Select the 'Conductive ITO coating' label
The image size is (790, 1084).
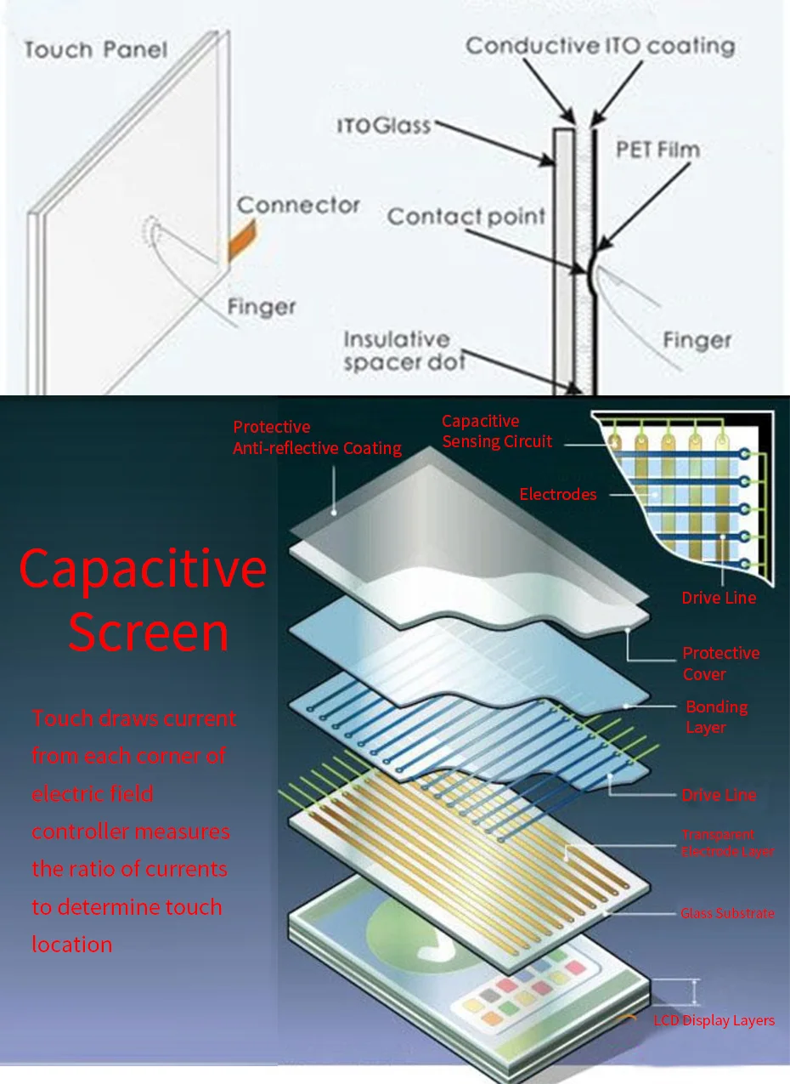tap(600, 46)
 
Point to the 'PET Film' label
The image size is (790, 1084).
tap(657, 150)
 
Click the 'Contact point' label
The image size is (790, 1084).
tap(466, 217)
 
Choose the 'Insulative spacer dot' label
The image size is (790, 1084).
tap(403, 351)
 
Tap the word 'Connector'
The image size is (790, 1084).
tap(298, 205)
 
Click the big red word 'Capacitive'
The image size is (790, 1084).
tap(143, 569)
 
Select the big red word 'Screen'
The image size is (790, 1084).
tap(149, 633)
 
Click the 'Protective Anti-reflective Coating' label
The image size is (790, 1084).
tap(317, 438)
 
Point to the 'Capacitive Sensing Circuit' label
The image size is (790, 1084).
tap(497, 431)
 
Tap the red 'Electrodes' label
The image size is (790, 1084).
tap(558, 494)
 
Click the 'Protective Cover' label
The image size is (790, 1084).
tap(721, 663)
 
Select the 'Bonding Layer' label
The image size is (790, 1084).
tap(717, 717)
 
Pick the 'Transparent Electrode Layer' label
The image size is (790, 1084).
tap(727, 843)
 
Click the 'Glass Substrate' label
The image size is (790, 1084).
tap(727, 913)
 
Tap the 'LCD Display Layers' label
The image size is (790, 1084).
tap(714, 1020)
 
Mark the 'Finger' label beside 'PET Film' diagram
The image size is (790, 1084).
tap(697, 341)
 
